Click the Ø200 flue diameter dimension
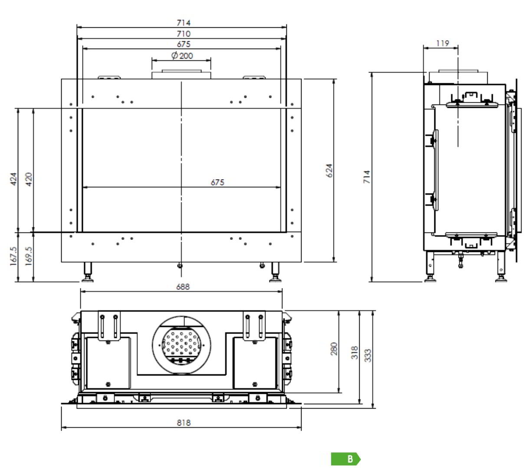182,56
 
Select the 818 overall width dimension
184,422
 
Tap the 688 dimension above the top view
183,287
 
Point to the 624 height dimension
329,171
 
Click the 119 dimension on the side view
443,43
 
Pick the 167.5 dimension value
13,256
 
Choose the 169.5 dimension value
28,256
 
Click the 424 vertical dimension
13,179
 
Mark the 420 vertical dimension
29,179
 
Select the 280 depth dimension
334,349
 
